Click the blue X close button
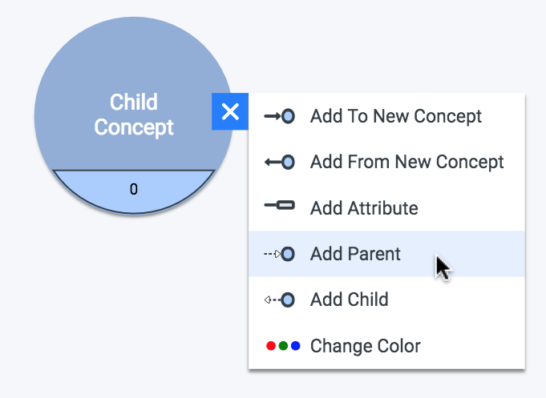230,111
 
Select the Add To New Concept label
396,116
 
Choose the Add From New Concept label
407,162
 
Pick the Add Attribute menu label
364,208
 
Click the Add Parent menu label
355,254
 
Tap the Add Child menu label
350,300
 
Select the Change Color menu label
366,346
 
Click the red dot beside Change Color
271,346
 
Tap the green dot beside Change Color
284,346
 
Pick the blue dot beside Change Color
296,346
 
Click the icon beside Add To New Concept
280,116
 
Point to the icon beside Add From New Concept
280,162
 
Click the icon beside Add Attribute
280,205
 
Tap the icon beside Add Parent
280,254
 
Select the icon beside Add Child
280,300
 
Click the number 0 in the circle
134,189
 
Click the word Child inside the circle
134,102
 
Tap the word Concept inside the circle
134,127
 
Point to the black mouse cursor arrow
443,267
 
